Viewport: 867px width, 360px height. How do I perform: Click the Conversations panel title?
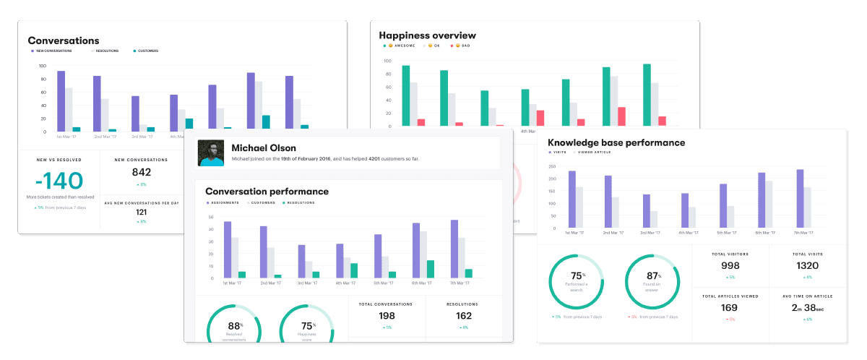(x=64, y=40)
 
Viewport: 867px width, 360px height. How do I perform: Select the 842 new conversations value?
(x=142, y=172)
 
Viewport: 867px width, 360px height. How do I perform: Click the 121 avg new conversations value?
(x=142, y=212)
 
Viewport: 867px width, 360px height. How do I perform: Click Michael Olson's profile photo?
(x=211, y=153)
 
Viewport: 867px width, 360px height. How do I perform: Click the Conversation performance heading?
(x=267, y=192)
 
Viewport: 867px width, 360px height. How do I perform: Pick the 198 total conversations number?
(x=387, y=316)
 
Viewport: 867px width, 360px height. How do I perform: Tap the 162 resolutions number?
(x=463, y=316)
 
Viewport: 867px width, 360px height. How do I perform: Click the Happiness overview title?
(x=428, y=35)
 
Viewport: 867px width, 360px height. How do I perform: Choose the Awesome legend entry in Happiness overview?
(x=399, y=46)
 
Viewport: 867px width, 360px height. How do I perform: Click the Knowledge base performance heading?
(x=616, y=142)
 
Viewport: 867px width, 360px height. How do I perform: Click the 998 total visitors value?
(x=730, y=265)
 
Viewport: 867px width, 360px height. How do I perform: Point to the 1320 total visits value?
(x=807, y=265)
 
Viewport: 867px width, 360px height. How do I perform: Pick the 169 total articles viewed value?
(x=730, y=307)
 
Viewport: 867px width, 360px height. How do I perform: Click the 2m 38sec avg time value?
(x=807, y=307)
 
